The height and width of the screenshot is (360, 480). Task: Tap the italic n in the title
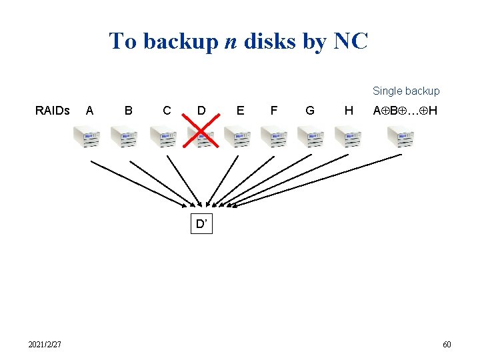[230, 41]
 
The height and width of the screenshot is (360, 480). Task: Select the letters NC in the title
[349, 41]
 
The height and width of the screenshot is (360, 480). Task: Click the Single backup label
[406, 91]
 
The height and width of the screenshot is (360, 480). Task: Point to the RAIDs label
[52, 110]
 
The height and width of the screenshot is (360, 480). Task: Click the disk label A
[89, 110]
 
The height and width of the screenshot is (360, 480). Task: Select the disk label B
[129, 110]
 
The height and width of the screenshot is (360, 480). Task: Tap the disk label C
[167, 110]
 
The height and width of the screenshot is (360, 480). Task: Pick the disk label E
[240, 110]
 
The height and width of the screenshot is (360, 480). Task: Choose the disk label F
[273, 110]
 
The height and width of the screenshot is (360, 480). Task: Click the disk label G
[309, 110]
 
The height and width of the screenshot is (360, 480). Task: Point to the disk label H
[348, 110]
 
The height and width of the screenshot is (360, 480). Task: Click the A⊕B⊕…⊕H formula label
[405, 110]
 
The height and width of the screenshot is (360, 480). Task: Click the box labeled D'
[201, 225]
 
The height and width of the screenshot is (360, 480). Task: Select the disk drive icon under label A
[87, 138]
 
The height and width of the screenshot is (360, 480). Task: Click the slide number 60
[447, 345]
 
